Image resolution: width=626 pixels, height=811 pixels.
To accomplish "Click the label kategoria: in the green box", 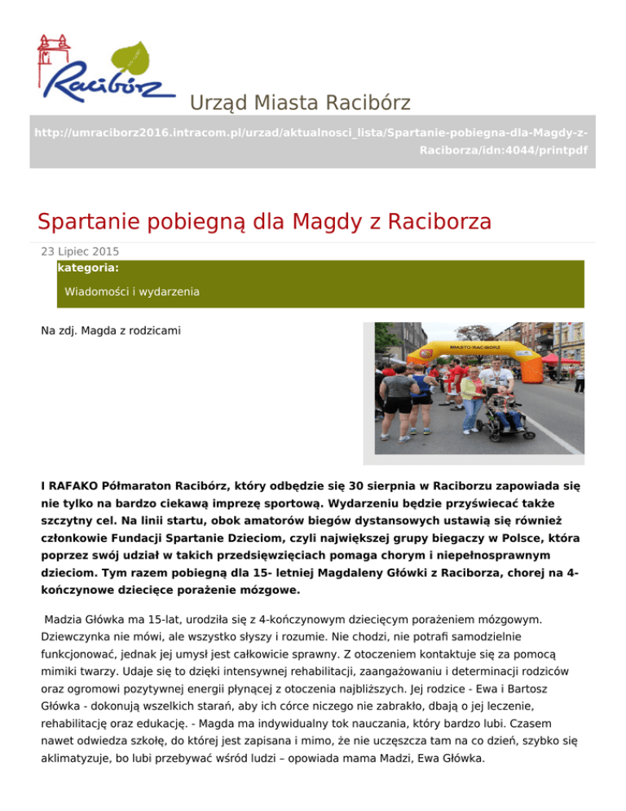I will tap(89, 267).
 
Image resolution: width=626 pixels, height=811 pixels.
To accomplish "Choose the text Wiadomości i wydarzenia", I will tap(132, 291).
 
